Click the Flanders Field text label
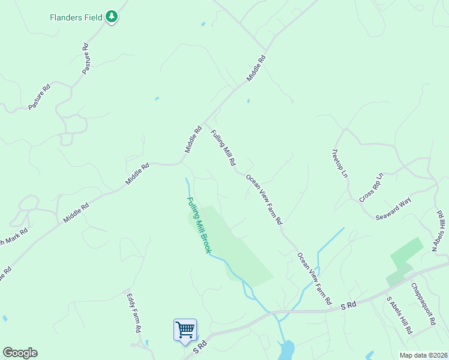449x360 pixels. pyautogui.click(x=76, y=17)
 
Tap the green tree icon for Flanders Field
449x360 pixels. pyautogui.click(x=112, y=17)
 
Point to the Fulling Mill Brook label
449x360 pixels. pyautogui.click(x=199, y=226)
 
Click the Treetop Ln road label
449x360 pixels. pyautogui.click(x=340, y=163)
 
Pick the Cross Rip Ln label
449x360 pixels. pyautogui.click(x=371, y=187)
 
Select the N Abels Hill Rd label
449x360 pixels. pyautogui.click(x=439, y=232)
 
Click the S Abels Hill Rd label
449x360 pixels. pyautogui.click(x=399, y=315)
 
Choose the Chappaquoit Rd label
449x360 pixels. pyautogui.click(x=423, y=304)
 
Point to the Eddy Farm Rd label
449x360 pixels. pyautogui.click(x=133, y=313)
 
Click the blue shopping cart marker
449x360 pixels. pyautogui.click(x=185, y=330)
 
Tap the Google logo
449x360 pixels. pyautogui.click(x=20, y=353)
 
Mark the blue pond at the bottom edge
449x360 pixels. pyautogui.click(x=287, y=349)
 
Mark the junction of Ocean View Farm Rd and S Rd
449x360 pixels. pyautogui.click(x=332, y=310)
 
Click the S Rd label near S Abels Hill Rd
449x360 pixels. pyautogui.click(x=348, y=305)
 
